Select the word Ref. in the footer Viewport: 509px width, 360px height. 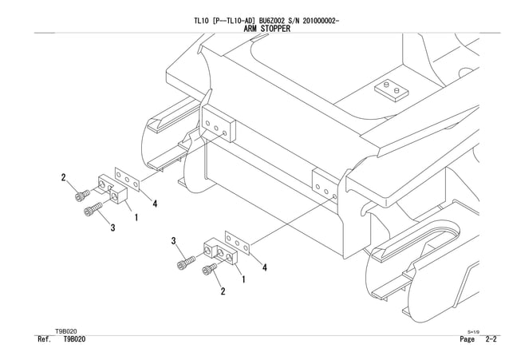coord(45,339)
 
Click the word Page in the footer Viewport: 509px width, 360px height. coord(468,339)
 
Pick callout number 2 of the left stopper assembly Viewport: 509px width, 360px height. coord(63,176)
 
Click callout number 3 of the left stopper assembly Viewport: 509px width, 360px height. coord(112,227)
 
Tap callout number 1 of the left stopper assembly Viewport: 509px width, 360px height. coord(137,216)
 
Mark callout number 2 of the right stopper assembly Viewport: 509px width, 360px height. coord(223,291)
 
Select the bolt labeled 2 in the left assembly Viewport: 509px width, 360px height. coord(82,194)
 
